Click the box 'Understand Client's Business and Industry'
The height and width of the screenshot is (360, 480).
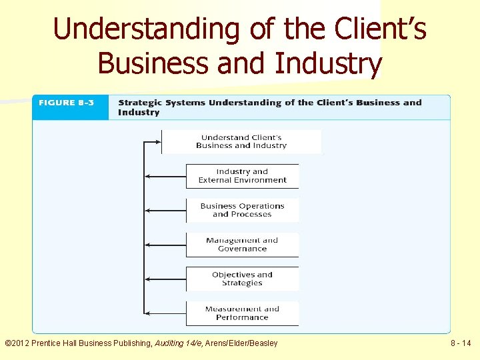tap(241, 141)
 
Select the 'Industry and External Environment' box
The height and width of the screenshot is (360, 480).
tap(242, 176)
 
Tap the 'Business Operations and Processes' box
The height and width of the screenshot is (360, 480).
tap(242, 210)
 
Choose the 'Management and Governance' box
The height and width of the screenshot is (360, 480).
tap(242, 245)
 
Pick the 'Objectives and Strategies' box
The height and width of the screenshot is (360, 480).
tap(242, 279)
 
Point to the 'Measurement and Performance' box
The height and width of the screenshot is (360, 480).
tap(242, 313)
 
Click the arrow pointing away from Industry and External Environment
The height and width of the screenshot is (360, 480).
tap(165, 176)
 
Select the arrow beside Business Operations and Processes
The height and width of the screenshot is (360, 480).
tap(165, 211)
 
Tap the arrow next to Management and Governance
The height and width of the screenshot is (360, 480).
tap(165, 245)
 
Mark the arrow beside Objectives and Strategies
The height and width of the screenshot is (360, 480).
tap(165, 279)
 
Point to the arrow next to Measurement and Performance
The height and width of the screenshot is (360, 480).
tap(165, 313)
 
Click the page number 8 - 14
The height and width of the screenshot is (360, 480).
tap(461, 343)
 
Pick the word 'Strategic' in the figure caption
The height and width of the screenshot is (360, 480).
tap(140, 103)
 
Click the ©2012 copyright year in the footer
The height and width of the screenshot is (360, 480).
tap(18, 343)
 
